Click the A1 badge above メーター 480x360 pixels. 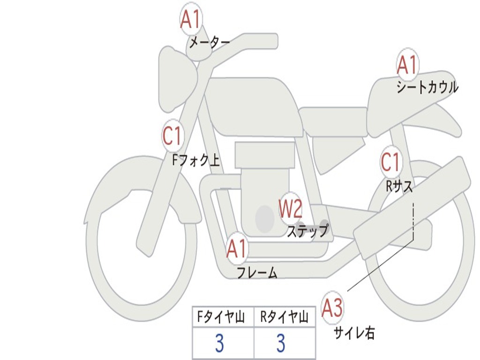coord(191,20)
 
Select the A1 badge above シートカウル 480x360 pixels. coord(407,65)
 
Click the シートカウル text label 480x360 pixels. coord(427,88)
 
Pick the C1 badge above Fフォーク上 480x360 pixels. coord(172,136)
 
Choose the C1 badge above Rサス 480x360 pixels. coord(390,162)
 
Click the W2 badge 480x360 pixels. coord(291,209)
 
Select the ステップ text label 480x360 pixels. coord(307,231)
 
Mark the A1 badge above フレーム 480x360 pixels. coord(236,249)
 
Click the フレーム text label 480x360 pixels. coord(256,272)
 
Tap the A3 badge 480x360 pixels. coord(332,307)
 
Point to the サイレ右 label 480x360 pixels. coord(354,333)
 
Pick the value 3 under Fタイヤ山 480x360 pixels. coord(219,344)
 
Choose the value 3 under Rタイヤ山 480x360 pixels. coord(281,344)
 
